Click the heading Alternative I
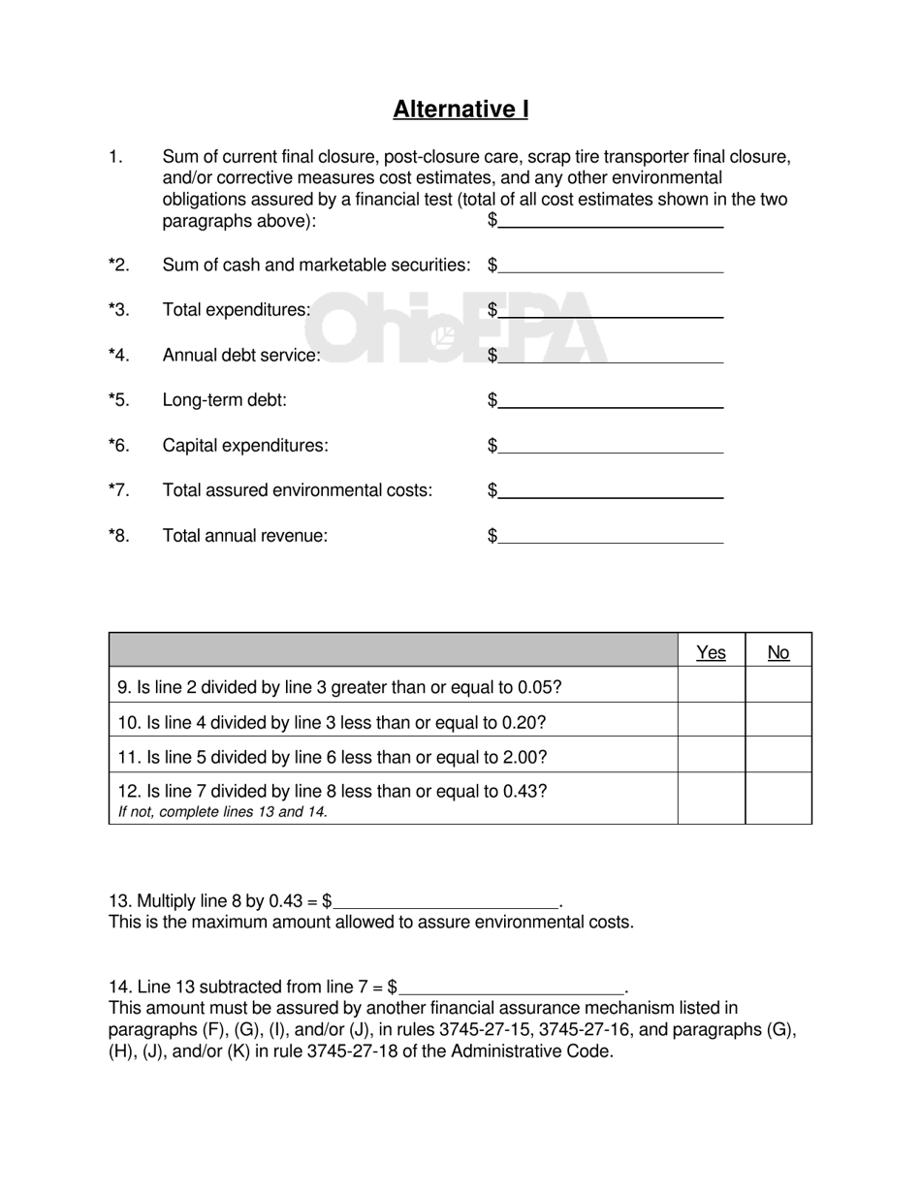tap(460, 110)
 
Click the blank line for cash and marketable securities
tap(611, 265)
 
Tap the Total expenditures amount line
tap(611, 310)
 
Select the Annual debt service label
tap(241, 356)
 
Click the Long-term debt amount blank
tap(611, 400)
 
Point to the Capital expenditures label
tap(245, 446)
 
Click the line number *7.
tap(118, 490)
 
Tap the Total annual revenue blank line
tap(611, 535)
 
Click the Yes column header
tap(711, 653)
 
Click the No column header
tap(778, 653)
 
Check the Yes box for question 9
tap(711, 687)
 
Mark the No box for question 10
tap(778, 722)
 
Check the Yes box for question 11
tap(711, 757)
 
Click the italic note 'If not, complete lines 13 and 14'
tap(223, 812)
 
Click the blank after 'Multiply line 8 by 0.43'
tap(446, 900)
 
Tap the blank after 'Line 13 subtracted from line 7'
tap(512, 987)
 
